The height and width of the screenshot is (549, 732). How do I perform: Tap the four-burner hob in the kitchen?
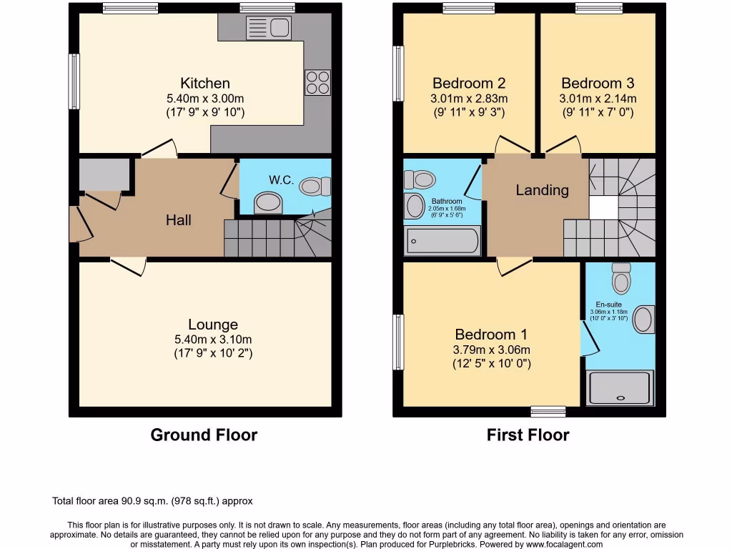(x=318, y=82)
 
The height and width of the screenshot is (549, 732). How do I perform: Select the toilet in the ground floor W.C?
(x=315, y=186)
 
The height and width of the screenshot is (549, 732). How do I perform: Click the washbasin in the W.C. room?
(x=269, y=203)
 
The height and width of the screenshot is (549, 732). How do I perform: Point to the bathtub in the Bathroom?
(x=443, y=241)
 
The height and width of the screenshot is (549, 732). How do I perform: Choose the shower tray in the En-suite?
(x=620, y=388)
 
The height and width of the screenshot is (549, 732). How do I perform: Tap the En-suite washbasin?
(x=643, y=320)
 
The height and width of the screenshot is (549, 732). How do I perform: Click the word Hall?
(x=178, y=220)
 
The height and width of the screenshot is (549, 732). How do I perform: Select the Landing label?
(x=543, y=190)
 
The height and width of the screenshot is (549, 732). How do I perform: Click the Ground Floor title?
(x=204, y=435)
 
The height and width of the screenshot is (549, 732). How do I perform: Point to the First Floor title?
(x=528, y=435)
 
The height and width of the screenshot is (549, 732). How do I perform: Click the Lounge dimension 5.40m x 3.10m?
(x=213, y=340)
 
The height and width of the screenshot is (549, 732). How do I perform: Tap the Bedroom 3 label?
(x=598, y=84)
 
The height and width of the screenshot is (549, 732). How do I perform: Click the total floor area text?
(x=153, y=501)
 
